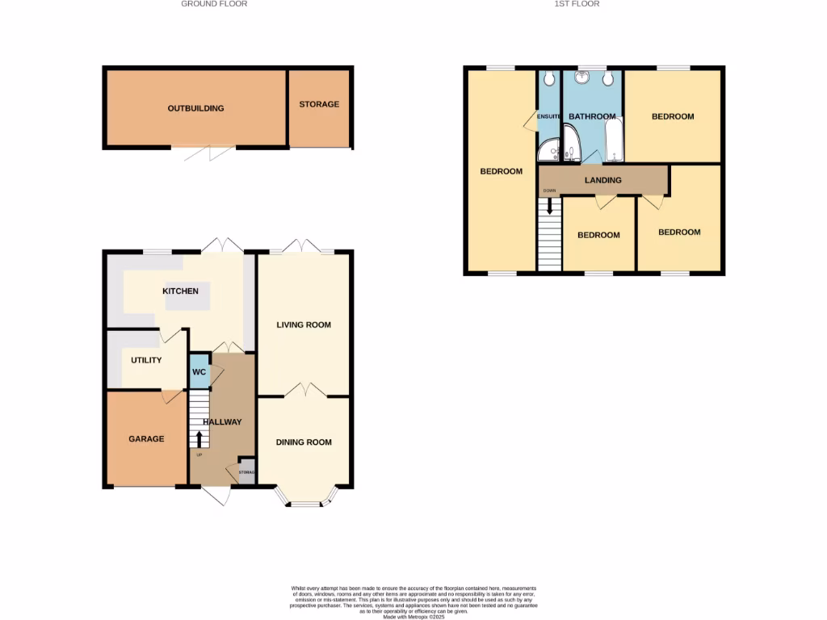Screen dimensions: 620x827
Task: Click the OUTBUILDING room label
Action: click(x=195, y=108)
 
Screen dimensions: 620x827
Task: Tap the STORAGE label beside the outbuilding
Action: click(x=319, y=104)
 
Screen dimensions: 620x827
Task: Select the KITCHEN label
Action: click(x=180, y=291)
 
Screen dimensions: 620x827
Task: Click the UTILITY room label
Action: click(x=146, y=360)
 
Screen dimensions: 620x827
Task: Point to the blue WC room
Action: click(x=199, y=373)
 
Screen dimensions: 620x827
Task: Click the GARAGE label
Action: click(x=146, y=439)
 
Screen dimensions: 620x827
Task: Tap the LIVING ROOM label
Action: click(x=304, y=325)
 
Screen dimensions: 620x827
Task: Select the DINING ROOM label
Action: click(x=304, y=442)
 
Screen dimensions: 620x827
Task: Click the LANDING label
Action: click(x=602, y=180)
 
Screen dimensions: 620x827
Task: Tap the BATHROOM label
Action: click(x=592, y=116)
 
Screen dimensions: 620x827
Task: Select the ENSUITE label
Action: click(x=549, y=116)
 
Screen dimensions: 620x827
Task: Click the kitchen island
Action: click(x=187, y=295)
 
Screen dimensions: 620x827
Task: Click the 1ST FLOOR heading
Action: click(x=577, y=4)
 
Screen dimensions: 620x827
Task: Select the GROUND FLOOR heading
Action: click(x=214, y=4)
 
